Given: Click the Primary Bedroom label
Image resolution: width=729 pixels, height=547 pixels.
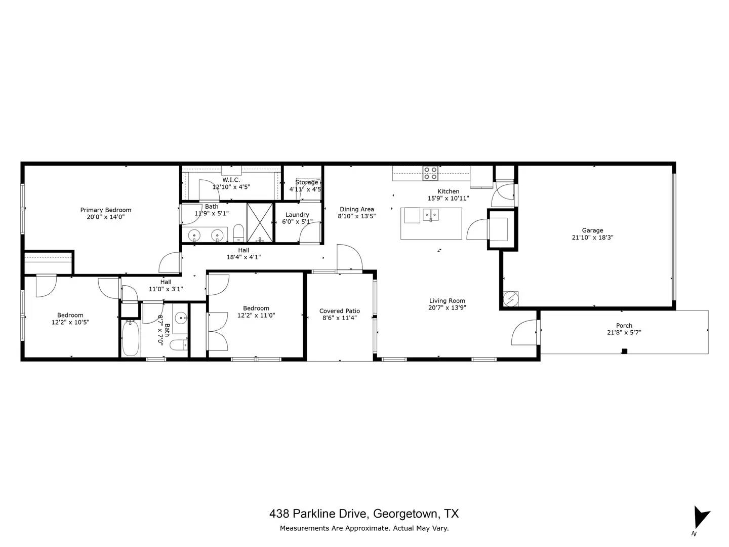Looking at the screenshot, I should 106,210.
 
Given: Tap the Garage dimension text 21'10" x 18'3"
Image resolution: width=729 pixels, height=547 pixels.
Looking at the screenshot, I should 592,238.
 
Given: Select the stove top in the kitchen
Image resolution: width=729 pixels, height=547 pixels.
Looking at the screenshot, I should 430,173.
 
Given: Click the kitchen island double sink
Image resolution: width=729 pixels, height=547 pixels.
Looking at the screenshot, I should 431,215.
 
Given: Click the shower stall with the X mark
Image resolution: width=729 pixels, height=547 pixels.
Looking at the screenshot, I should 260,222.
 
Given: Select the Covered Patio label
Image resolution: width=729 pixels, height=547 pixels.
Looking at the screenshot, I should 339,311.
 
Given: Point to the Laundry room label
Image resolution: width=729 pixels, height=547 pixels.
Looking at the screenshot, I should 297,215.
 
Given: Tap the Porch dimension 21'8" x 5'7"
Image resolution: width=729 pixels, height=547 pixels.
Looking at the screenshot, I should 624,333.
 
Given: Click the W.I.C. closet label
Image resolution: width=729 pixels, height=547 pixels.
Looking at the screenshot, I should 231,180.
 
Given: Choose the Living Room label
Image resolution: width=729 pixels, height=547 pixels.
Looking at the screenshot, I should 447,300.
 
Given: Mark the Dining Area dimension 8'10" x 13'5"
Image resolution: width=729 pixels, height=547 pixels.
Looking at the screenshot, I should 357,216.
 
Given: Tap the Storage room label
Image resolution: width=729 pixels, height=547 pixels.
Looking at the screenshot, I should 307,182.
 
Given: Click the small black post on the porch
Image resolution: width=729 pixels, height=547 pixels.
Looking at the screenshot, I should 624,351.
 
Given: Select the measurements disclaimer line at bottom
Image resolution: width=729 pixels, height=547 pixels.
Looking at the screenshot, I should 364,528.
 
